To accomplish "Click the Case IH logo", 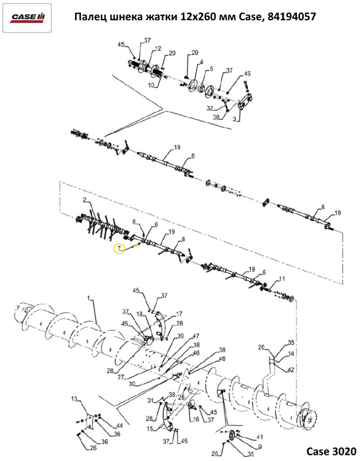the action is click(28, 17).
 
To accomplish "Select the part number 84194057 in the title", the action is click(292, 17).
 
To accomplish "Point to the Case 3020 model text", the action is click(331, 451).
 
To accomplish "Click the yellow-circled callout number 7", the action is click(119, 249).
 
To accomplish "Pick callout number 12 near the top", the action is click(158, 48).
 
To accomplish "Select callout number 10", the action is click(151, 85).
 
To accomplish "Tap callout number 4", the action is click(201, 62).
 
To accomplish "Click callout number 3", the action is click(234, 119).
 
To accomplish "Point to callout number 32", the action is click(210, 108).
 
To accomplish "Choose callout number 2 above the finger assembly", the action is click(84, 200).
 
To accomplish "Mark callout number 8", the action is click(134, 222).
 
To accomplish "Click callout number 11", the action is click(282, 279).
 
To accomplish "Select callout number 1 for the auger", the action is click(88, 298).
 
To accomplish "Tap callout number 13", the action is click(74, 399).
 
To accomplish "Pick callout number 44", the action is click(119, 426).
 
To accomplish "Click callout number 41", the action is click(259, 437).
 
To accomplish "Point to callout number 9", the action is click(260, 447).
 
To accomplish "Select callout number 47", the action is click(196, 335).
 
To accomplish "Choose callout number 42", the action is click(290, 370).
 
